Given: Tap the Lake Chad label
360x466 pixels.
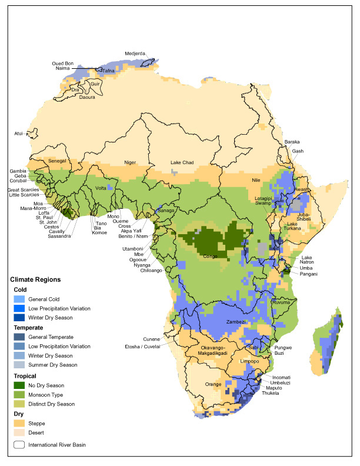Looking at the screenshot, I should [x=182, y=162].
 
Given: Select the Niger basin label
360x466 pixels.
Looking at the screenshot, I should [x=130, y=162].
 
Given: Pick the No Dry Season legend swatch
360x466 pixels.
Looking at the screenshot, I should [x=21, y=384].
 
